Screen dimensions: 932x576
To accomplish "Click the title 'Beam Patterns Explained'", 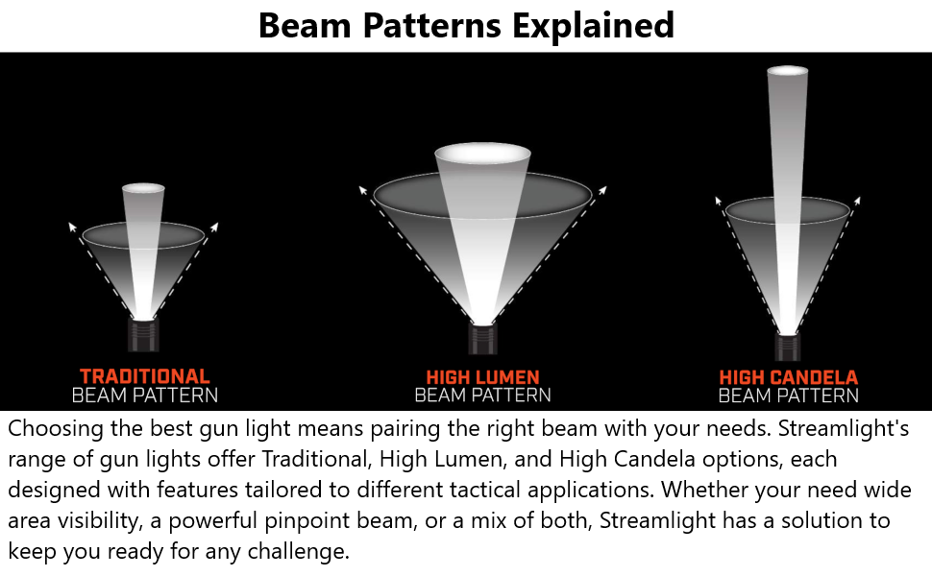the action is pos(466,26).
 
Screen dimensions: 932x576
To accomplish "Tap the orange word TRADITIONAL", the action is pos(145,376).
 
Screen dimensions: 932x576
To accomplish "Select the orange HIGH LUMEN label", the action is pos(482,377).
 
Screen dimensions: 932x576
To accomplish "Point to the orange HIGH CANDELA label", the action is pos(788,377).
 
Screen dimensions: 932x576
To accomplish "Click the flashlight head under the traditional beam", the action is pos(144,334).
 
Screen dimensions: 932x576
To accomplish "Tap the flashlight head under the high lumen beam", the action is pos(482,339).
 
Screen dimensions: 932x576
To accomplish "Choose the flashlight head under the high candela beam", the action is pos(788,347).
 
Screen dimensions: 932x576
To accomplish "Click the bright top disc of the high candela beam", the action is pos(788,71).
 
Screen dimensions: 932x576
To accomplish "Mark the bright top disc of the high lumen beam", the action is pos(482,153).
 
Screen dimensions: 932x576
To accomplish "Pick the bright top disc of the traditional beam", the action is pos(143,188).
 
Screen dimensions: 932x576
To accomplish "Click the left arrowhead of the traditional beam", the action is pos(72,227).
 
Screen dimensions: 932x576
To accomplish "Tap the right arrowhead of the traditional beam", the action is pos(214,227).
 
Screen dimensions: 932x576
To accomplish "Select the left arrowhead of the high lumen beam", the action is pos(362,190).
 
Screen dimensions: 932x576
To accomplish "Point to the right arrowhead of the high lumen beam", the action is pos(602,190).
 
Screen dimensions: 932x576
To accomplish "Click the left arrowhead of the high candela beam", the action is pos(718,201).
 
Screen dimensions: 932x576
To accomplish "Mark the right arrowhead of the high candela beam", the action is pos(857,201).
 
